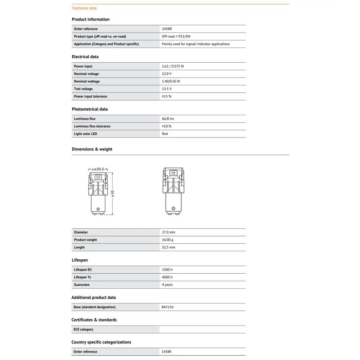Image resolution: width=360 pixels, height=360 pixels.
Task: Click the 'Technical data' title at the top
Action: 84,8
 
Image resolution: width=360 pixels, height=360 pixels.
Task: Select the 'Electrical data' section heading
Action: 85,57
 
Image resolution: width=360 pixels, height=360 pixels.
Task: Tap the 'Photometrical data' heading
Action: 90,109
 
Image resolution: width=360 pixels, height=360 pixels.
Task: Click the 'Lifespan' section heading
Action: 80,260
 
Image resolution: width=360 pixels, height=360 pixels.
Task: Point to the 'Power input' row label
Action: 83,66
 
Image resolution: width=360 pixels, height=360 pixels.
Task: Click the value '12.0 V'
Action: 167,74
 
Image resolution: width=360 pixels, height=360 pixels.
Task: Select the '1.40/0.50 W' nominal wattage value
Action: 171,81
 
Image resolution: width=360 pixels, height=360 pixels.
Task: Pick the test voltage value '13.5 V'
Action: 167,89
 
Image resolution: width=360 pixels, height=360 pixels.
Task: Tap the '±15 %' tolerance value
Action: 167,96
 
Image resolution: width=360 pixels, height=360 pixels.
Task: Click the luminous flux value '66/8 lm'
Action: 168,119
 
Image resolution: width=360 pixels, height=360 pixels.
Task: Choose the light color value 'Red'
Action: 165,134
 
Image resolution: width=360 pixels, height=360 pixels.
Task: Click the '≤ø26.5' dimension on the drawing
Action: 98,169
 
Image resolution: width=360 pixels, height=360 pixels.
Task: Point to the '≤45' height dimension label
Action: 112,194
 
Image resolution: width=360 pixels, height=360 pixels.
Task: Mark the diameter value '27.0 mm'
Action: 168,233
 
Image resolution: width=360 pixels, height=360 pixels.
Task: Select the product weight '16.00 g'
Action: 168,240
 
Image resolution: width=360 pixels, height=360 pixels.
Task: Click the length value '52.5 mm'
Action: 168,248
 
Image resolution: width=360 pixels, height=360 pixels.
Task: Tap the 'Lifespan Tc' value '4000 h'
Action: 167,277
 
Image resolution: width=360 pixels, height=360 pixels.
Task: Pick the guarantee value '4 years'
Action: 167,285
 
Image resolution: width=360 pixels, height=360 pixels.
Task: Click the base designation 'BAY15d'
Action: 168,307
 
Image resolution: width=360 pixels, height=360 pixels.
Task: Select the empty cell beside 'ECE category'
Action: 202,329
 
